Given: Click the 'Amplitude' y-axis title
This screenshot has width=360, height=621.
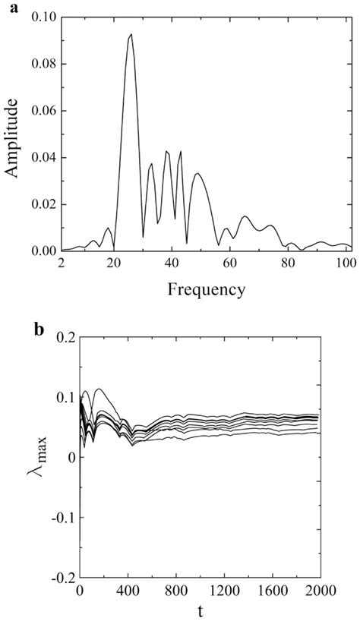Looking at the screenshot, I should [11, 134].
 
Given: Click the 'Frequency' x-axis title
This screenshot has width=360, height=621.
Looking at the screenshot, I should [206, 289].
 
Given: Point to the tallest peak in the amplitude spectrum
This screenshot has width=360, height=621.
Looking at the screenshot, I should [131, 34].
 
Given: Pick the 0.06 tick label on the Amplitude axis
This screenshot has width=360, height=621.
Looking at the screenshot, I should [43, 111].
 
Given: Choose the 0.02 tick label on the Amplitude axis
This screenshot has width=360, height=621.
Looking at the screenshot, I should [43, 204].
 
